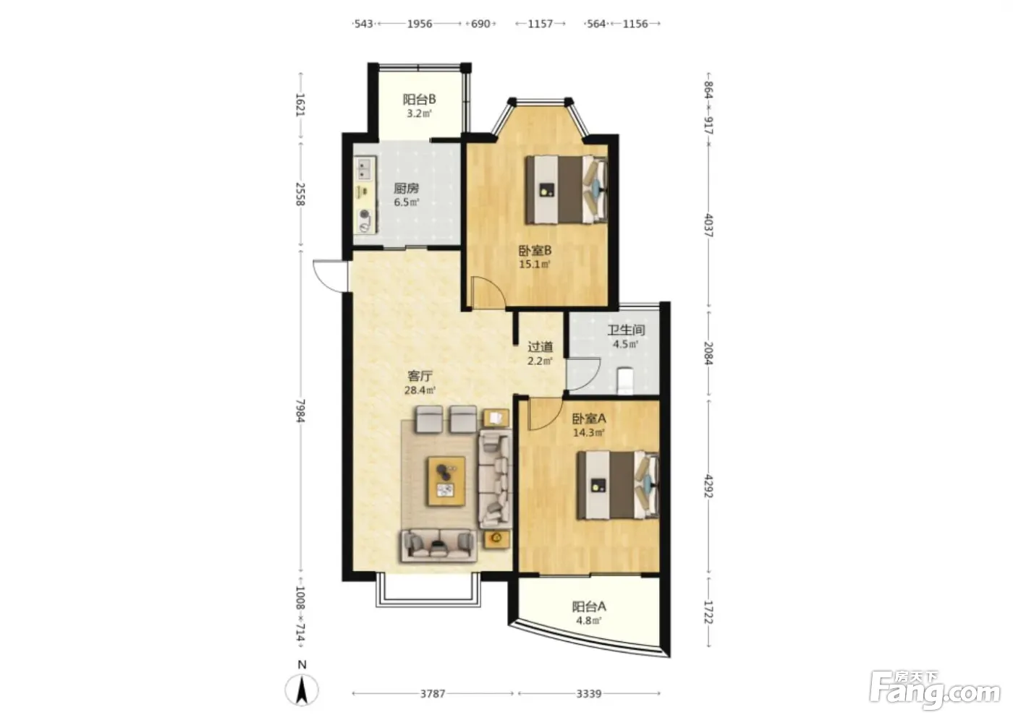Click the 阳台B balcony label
pos(419,99)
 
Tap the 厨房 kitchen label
pos(406,188)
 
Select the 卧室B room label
pos(535,250)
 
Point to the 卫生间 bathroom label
pos(626,330)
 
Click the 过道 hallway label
pos(540,347)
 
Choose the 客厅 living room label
pos(420,376)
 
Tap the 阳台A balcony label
pos(589,607)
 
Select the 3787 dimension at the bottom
pos(433,693)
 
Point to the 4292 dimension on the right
pos(708,486)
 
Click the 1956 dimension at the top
pos(420,23)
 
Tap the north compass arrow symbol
pos(302,690)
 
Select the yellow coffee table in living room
pos(447,481)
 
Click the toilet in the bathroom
pos(625,380)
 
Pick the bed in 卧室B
pos(566,189)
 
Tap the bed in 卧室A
pos(618,484)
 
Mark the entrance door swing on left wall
pos(330,275)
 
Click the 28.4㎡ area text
pos(420,390)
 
